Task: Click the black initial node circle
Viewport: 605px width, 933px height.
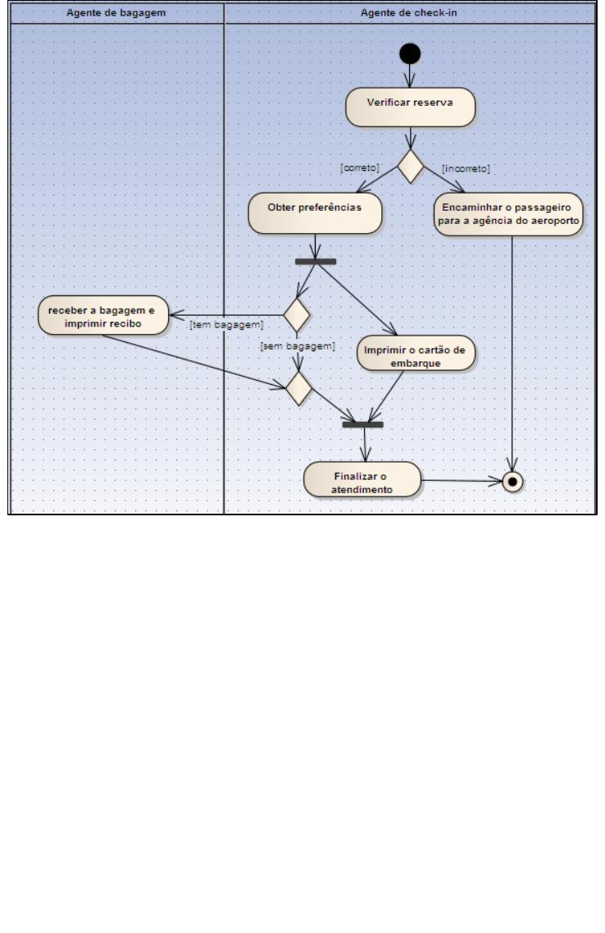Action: click(410, 53)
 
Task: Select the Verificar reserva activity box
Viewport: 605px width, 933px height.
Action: click(410, 107)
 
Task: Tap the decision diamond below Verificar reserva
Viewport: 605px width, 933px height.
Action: click(410, 167)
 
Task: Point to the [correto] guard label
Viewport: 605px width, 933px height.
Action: click(360, 167)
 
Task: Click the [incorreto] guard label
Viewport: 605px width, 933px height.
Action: click(466, 168)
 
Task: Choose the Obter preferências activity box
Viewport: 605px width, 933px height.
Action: click(315, 213)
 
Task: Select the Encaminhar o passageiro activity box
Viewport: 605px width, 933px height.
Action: click(508, 214)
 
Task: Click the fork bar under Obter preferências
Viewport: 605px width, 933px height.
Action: click(316, 261)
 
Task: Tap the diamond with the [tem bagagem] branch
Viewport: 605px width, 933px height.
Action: click(297, 315)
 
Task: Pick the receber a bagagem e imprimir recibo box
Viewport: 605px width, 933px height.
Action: click(103, 315)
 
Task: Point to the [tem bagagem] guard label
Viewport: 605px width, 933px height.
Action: click(226, 325)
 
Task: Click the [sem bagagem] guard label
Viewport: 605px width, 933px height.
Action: click(298, 345)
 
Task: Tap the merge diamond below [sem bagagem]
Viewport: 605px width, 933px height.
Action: click(299, 388)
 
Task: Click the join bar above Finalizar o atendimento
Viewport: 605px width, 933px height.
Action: click(362, 424)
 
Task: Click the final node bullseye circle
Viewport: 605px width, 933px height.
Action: click(512, 482)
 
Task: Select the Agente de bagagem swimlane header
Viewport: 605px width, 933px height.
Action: click(116, 12)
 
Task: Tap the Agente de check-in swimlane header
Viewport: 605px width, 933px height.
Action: click(409, 12)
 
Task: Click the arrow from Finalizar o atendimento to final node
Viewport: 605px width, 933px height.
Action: click(462, 481)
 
